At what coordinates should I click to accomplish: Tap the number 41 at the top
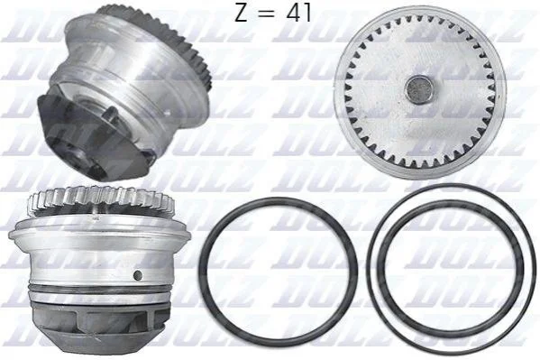tap(298, 13)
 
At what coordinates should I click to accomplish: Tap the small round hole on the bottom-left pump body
tap(138, 275)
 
